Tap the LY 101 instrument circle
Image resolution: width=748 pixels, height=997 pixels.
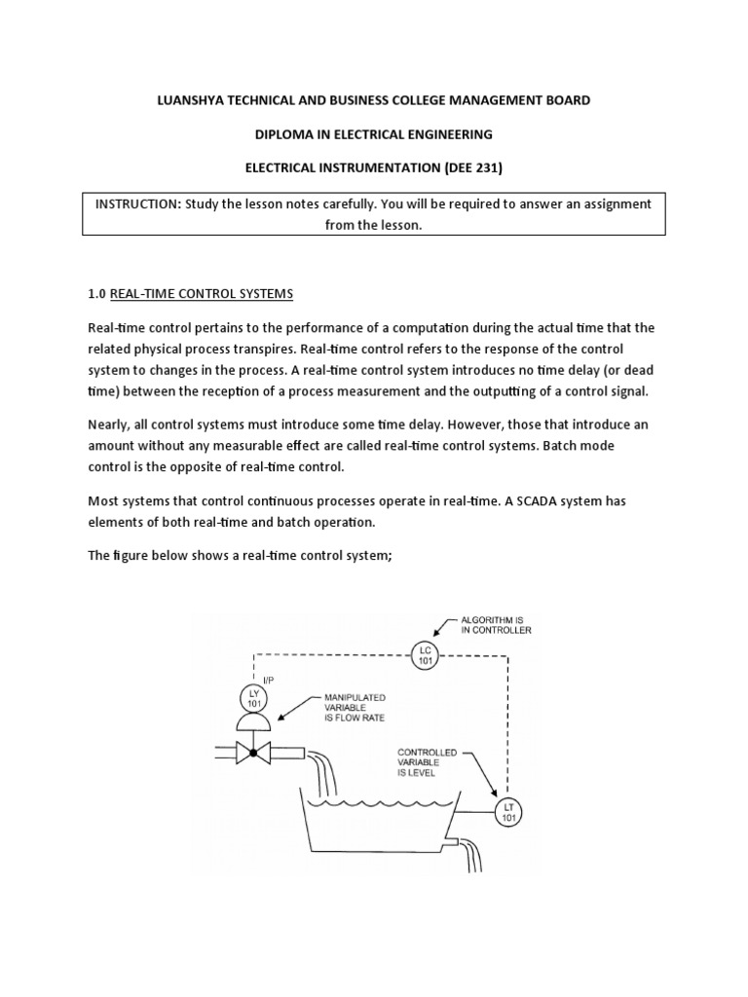[253, 698]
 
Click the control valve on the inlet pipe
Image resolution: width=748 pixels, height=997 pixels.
[253, 753]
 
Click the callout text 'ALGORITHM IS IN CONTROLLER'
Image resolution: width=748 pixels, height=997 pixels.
[495, 624]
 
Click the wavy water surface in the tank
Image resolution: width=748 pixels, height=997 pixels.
[380, 805]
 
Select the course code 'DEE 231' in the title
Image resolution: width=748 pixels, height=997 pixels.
[470, 166]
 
